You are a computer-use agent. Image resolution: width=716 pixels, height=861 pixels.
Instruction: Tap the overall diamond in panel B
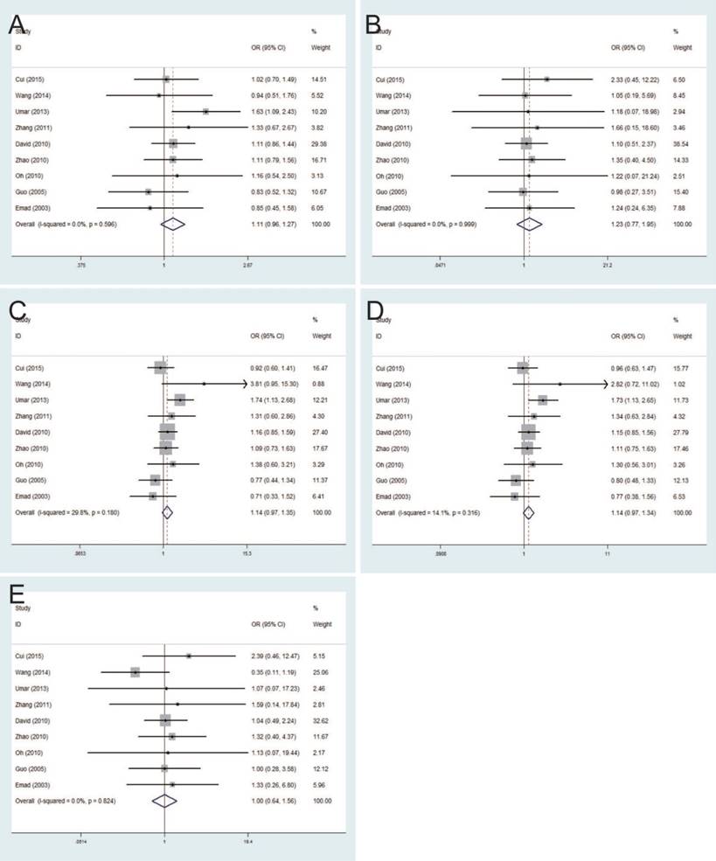coord(528,224)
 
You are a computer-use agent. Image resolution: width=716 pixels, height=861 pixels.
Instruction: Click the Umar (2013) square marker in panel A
coord(205,112)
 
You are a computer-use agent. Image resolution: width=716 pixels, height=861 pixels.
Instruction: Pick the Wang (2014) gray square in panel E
coord(136,671)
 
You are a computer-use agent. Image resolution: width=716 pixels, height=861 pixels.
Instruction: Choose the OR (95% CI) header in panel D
coord(628,335)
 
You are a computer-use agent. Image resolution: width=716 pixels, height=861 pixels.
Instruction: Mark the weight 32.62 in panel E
coord(321,719)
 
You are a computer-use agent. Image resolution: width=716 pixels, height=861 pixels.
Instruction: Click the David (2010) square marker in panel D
coord(527,432)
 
